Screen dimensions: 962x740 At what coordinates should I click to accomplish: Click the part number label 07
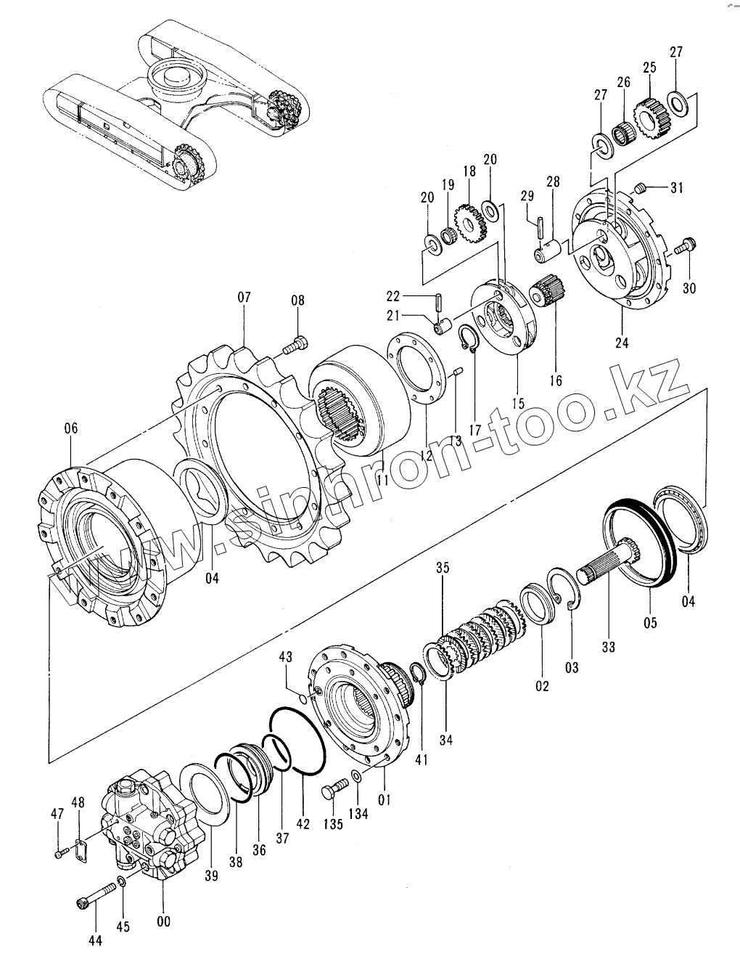click(x=243, y=297)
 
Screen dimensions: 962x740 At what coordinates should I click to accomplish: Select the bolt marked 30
click(x=684, y=247)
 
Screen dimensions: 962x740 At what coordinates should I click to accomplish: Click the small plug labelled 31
click(x=640, y=189)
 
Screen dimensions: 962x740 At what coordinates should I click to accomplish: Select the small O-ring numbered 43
click(x=303, y=698)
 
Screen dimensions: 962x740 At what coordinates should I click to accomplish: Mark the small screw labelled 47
click(x=59, y=854)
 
